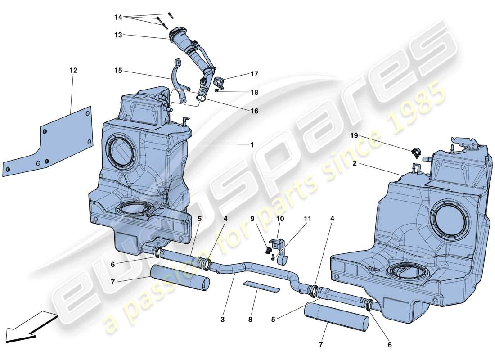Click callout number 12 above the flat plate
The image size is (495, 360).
[x=73, y=71]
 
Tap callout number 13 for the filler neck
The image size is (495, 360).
[x=118, y=35]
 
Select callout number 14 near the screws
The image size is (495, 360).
[x=118, y=17]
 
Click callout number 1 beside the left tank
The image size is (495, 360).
[x=252, y=145]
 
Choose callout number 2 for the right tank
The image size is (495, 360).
[x=355, y=165]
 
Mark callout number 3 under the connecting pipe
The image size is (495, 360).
[x=222, y=320]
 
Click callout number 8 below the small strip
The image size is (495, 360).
[x=250, y=320]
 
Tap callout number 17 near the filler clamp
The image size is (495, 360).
[x=254, y=74]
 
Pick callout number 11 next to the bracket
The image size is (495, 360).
[x=307, y=219]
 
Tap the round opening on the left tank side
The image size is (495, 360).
[x=120, y=151]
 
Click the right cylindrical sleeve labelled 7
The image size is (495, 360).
[x=337, y=316]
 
